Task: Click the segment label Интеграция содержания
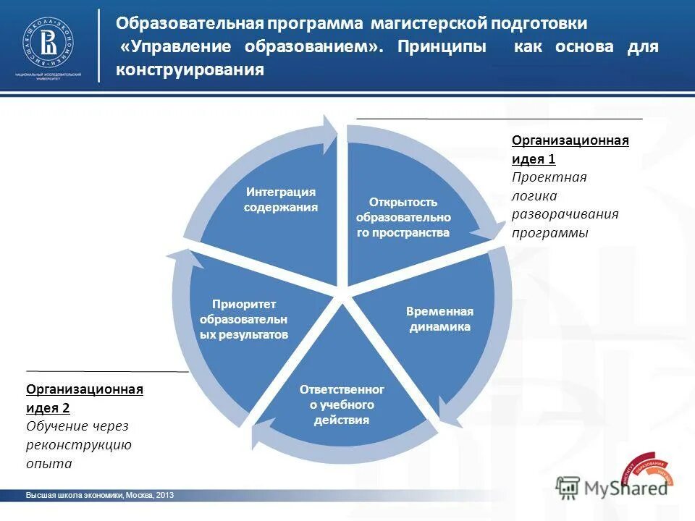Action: (x=281, y=200)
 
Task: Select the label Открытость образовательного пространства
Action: (x=403, y=217)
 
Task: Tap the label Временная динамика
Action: (x=439, y=319)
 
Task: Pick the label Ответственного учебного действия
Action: (x=342, y=404)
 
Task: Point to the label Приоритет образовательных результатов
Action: (x=244, y=319)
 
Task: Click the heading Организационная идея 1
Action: (x=570, y=149)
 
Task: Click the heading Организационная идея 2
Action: (x=85, y=398)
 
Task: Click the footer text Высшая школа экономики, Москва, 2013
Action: (x=99, y=496)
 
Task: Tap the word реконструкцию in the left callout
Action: (x=78, y=444)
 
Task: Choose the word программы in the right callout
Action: (x=550, y=233)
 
